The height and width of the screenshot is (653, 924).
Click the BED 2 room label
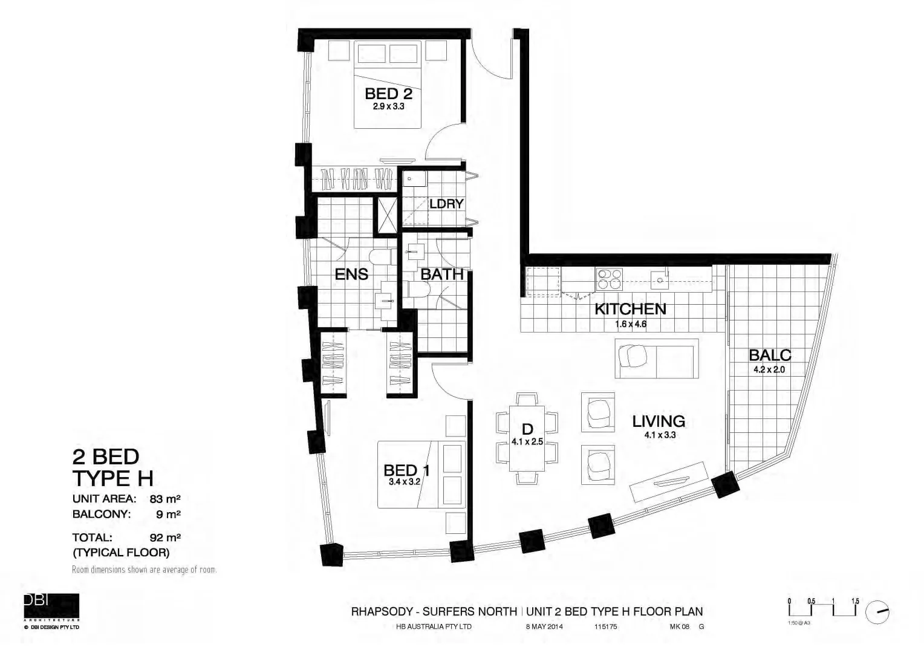388,94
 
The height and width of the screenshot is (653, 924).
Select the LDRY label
446,204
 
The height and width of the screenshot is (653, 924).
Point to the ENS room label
351,275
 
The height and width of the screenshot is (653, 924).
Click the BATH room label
441,274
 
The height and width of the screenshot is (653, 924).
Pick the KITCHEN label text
630,309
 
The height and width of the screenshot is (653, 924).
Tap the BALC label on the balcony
769,355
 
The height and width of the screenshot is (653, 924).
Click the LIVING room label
658,421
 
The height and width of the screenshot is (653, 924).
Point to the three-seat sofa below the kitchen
656,358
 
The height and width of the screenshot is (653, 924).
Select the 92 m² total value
165,537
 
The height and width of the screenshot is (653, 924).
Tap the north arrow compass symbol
877,612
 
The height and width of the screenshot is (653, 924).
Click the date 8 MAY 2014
544,627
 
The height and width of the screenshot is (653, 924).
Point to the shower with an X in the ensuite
385,213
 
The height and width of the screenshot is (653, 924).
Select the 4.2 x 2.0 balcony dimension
769,369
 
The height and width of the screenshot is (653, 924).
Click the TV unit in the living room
668,482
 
